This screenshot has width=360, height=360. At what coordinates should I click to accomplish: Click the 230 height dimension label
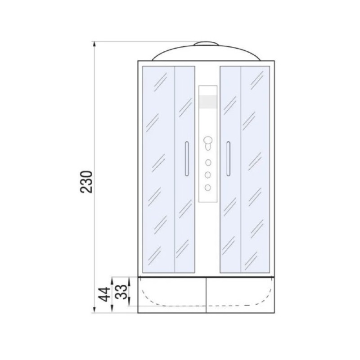tap(86, 182)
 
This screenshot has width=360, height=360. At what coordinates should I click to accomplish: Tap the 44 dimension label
tap(104, 294)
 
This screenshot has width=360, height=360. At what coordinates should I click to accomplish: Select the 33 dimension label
tap(121, 292)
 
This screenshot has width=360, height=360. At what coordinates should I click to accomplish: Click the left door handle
tap(187, 159)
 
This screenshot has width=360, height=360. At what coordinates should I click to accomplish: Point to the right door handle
tap(228, 159)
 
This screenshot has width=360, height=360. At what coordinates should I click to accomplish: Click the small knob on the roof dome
tap(206, 43)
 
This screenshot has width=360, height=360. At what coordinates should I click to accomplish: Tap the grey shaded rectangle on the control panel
tap(208, 102)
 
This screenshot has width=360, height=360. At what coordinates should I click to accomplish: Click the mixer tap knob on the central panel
tap(208, 143)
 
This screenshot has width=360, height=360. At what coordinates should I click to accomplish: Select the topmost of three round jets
tap(208, 162)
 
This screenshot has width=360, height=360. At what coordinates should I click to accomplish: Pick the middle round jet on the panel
tap(208, 175)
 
